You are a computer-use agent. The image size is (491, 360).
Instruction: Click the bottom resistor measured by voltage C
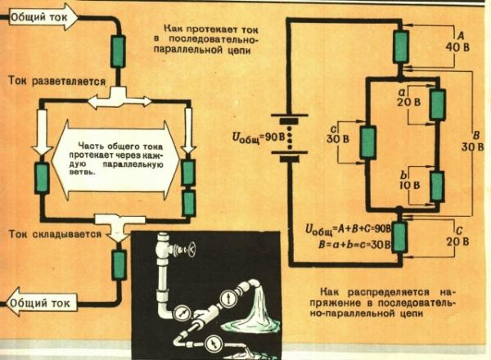click(x=400, y=239)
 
